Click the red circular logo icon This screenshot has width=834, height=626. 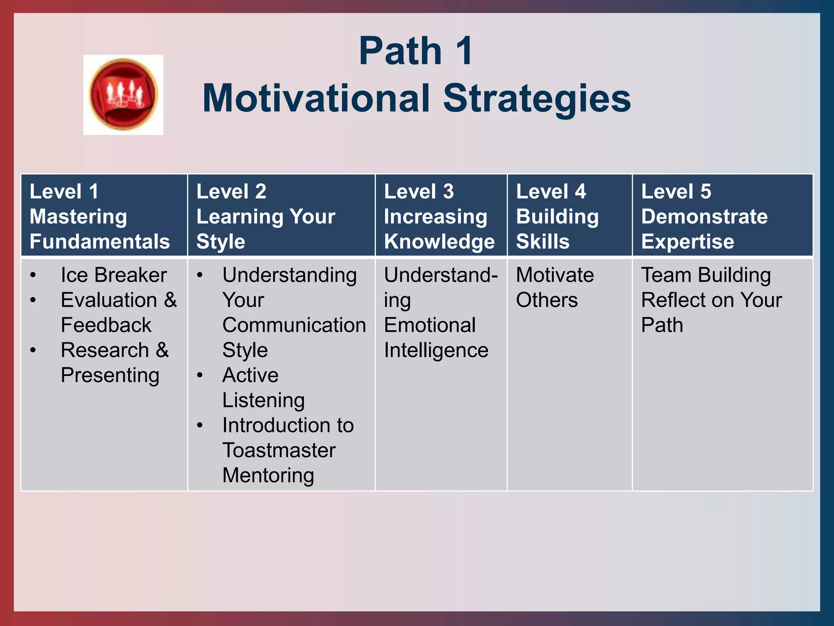point(123,95)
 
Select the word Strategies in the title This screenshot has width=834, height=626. point(537,99)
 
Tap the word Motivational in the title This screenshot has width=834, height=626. point(316,99)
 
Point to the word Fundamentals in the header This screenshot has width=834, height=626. point(100,242)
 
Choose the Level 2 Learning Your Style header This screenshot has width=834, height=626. point(266,216)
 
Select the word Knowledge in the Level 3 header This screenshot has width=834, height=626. point(439,242)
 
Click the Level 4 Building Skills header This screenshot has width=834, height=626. point(557,216)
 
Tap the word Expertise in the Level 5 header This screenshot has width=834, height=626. point(687,242)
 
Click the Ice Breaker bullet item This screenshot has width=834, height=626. point(114,275)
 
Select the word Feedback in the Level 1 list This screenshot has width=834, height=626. point(106,325)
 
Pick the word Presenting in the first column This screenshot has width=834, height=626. point(110,375)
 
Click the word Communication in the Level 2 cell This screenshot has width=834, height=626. point(294,325)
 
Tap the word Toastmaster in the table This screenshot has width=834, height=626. point(279,450)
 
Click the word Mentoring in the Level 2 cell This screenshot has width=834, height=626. point(268,476)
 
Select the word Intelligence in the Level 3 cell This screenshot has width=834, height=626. point(436,350)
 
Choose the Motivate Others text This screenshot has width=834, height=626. point(555,287)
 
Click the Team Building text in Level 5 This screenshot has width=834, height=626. point(706,275)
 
